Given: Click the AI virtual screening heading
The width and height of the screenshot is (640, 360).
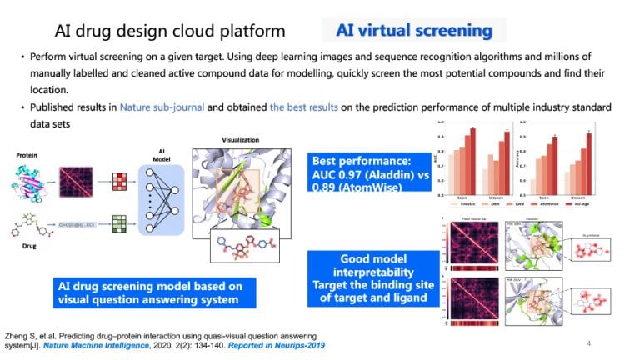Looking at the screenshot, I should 414,31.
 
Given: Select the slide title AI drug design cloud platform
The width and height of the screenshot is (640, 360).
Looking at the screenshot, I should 170,32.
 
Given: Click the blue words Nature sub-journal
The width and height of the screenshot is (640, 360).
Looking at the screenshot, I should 162,108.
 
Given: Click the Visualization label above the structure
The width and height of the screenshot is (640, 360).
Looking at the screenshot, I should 242,141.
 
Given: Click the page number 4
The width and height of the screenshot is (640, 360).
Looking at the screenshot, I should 588,342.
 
